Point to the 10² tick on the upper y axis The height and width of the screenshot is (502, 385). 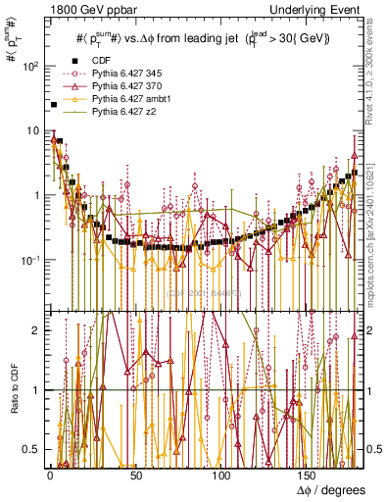pyautogui.click(x=31, y=66)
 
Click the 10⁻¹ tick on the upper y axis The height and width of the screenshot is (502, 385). pyautogui.click(x=30, y=260)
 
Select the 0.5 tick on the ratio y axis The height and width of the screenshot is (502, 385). pyautogui.click(x=31, y=449)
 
